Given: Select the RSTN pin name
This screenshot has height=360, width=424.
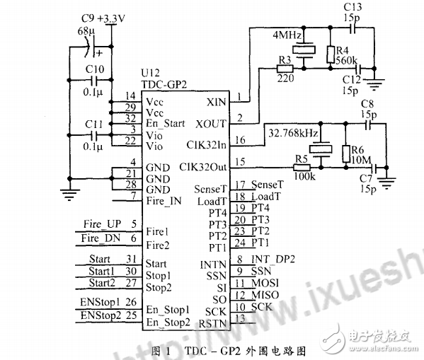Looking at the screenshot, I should tap(213, 323).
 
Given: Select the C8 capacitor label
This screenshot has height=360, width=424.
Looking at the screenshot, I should tap(367, 104).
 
